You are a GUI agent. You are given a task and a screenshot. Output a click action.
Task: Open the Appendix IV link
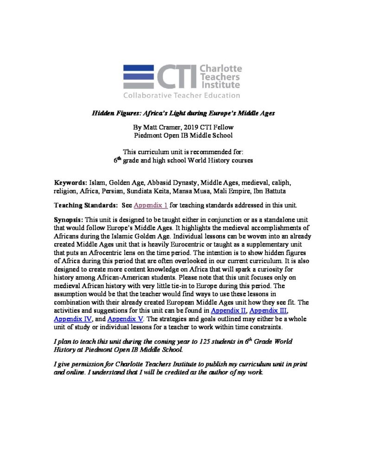pos(72,319)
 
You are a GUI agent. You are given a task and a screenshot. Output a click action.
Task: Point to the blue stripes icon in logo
pos(139,76)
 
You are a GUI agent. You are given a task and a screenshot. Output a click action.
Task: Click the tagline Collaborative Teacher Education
pos(181,96)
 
